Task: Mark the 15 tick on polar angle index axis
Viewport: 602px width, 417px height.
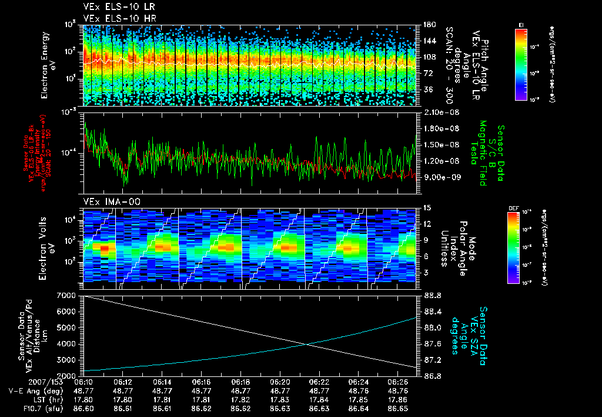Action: (x=427, y=208)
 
